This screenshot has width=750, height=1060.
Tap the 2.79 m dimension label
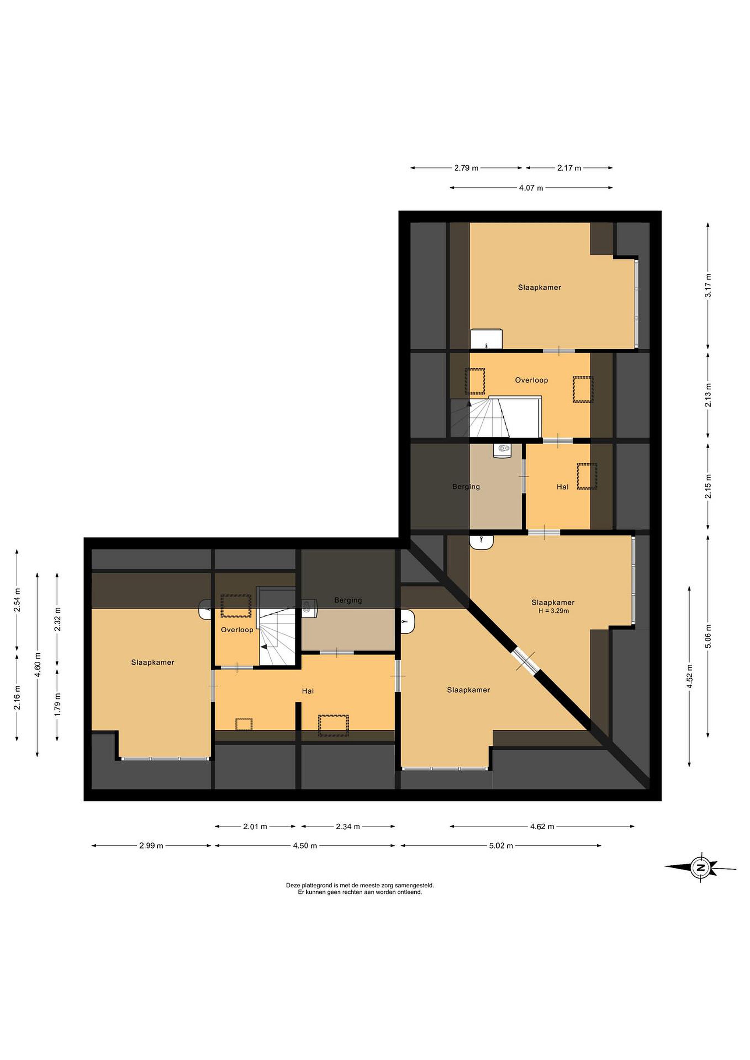click(466, 168)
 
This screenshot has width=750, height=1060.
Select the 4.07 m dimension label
click(531, 188)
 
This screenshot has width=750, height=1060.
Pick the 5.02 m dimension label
click(501, 846)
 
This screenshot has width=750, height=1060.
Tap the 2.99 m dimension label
click(151, 846)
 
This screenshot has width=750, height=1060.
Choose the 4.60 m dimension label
click(38, 665)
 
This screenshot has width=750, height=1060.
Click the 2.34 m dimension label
click(348, 826)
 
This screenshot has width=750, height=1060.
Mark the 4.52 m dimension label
click(690, 676)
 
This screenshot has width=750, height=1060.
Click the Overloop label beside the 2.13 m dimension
click(532, 380)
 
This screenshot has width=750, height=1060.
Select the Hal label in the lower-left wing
click(308, 691)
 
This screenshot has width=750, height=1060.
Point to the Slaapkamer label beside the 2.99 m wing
click(153, 662)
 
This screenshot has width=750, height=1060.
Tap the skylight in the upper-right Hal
click(587, 476)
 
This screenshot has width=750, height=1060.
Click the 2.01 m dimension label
click(255, 826)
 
